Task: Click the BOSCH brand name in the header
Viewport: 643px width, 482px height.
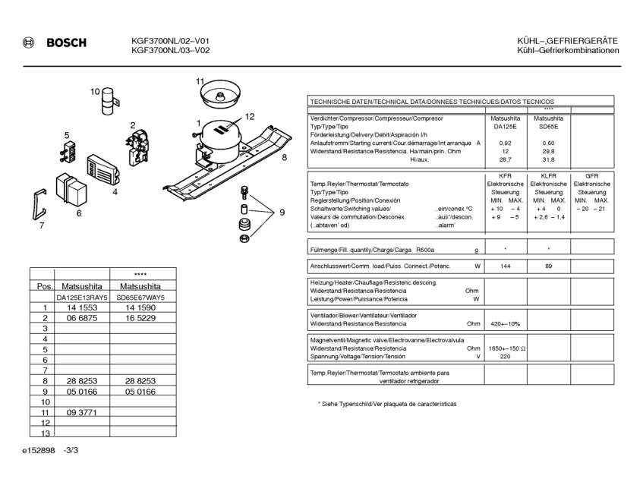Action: [x=67, y=43]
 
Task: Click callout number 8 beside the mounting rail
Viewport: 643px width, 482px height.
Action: [x=284, y=158]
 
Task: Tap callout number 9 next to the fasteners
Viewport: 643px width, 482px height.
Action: [x=282, y=213]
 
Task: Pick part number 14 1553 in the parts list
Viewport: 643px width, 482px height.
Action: [x=82, y=308]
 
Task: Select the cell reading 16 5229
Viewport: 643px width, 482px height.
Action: [x=140, y=319]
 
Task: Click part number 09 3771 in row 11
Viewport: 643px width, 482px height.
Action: [x=82, y=412]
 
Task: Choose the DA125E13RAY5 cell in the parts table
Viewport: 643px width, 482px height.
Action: [x=82, y=298]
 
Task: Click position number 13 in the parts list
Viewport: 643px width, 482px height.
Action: [x=45, y=433]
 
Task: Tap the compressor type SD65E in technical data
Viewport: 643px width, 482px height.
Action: [x=548, y=127]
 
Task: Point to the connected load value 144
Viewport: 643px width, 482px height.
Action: [x=506, y=266]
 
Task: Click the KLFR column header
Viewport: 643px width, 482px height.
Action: [x=548, y=175]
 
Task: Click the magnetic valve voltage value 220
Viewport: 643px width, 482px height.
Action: [x=506, y=356]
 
